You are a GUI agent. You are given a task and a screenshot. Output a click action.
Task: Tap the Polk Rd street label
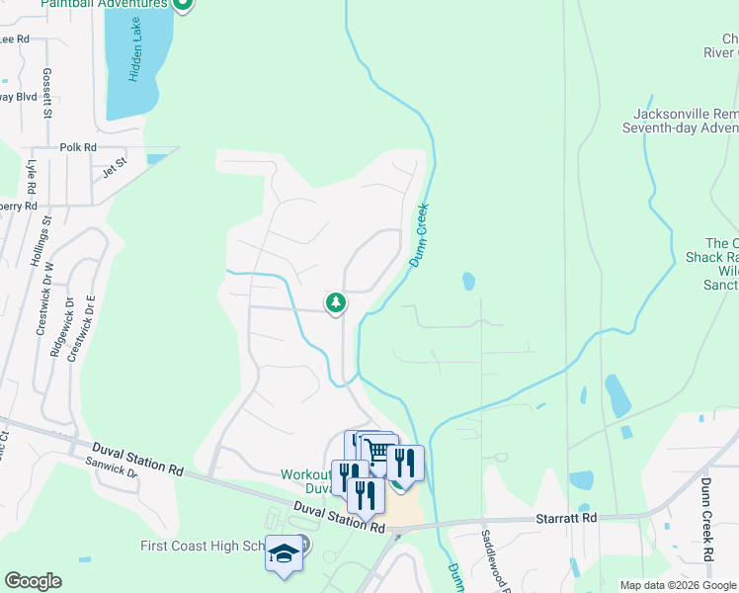coord(77,147)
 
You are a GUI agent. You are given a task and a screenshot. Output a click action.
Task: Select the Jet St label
coord(116,166)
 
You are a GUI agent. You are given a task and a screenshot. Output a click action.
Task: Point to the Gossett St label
coord(46,95)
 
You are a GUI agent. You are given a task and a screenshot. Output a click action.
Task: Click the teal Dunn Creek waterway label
coord(420,234)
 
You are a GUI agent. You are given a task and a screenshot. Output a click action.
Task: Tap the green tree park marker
coord(336,302)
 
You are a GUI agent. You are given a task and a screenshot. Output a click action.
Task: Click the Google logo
coord(33,581)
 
